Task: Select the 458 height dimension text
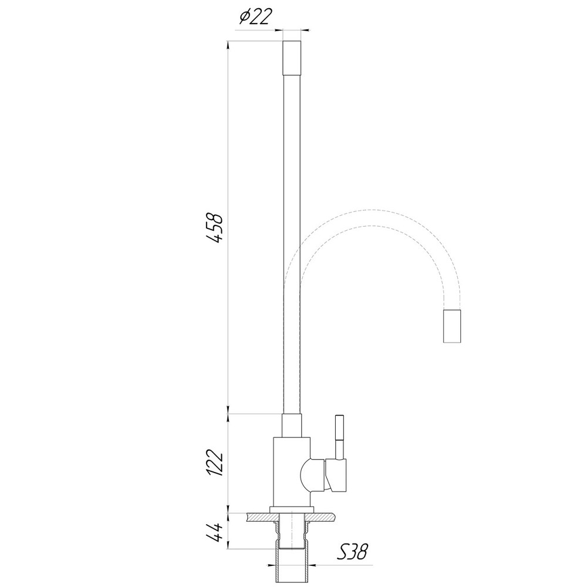(x=215, y=227)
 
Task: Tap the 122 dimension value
(x=215, y=465)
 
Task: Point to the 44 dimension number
(x=215, y=533)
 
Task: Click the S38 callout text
(x=355, y=552)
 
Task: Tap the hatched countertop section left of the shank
(x=261, y=517)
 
